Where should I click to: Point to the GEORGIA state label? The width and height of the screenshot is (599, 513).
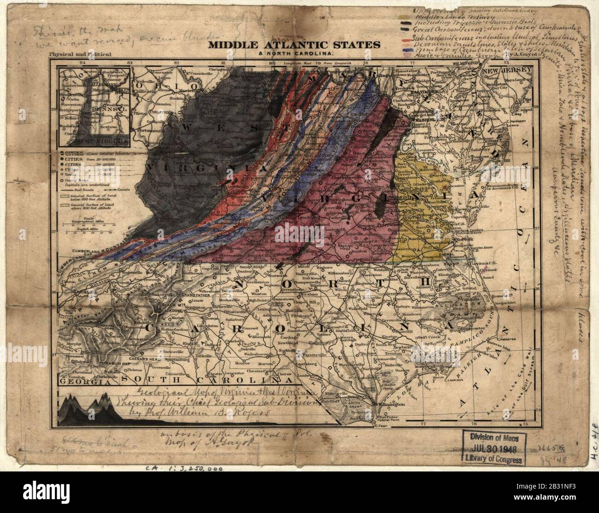click(82, 382)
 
